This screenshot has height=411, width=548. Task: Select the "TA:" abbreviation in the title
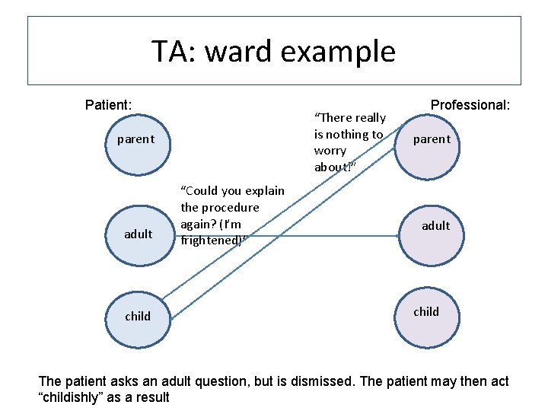pyautogui.click(x=174, y=52)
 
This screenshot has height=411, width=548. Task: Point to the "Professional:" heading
pyautogui.click(x=470, y=104)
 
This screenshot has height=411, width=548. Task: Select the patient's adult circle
pyautogui.click(x=138, y=234)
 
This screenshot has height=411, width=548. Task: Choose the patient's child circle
pyautogui.click(x=138, y=316)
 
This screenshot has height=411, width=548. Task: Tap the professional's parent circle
pyautogui.click(x=432, y=139)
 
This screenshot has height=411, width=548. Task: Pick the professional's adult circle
pyautogui.click(x=435, y=226)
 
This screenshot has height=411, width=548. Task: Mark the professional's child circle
pyautogui.click(x=426, y=311)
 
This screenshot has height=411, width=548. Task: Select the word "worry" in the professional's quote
pyautogui.click(x=330, y=151)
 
